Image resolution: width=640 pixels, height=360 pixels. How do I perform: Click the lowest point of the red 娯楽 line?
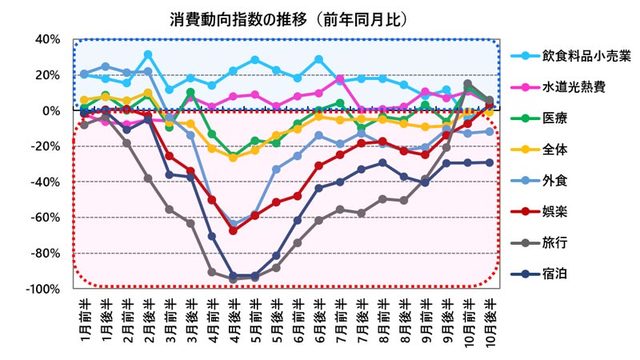pyautogui.click(x=233, y=231)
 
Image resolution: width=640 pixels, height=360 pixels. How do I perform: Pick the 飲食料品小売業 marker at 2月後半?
pyautogui.click(x=148, y=55)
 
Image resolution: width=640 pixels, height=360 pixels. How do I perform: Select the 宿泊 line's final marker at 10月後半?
pyautogui.click(x=489, y=162)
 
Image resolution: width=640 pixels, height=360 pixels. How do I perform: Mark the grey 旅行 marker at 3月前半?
pyautogui.click(x=169, y=209)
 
